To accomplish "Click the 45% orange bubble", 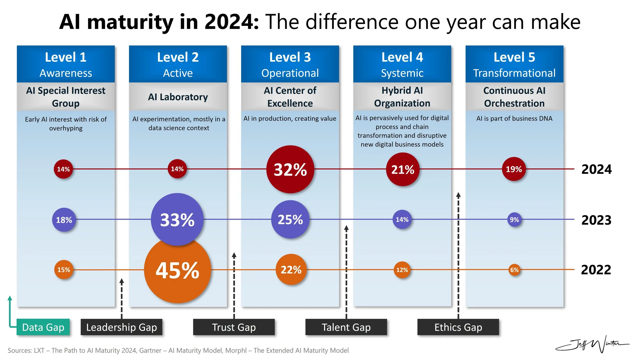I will (177, 270).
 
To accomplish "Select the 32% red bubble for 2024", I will (290, 169).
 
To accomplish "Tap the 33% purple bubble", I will (177, 219).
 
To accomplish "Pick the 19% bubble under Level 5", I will (514, 169).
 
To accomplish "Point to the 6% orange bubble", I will (514, 270).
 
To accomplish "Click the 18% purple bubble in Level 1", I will (64, 220).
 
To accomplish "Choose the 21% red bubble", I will (402, 169).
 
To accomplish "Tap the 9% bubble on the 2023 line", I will (514, 219).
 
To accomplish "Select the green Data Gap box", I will (43, 327).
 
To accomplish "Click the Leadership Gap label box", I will (121, 327).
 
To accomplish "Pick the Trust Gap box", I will (234, 327).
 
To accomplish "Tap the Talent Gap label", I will (346, 327).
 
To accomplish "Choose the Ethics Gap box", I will (458, 327).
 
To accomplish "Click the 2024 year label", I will (596, 169).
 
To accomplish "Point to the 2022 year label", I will (596, 270).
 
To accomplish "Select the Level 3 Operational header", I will (290, 64).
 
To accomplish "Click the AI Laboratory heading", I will (178, 97).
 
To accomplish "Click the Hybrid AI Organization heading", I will (402, 97).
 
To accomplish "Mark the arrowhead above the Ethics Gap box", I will (458, 195).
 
